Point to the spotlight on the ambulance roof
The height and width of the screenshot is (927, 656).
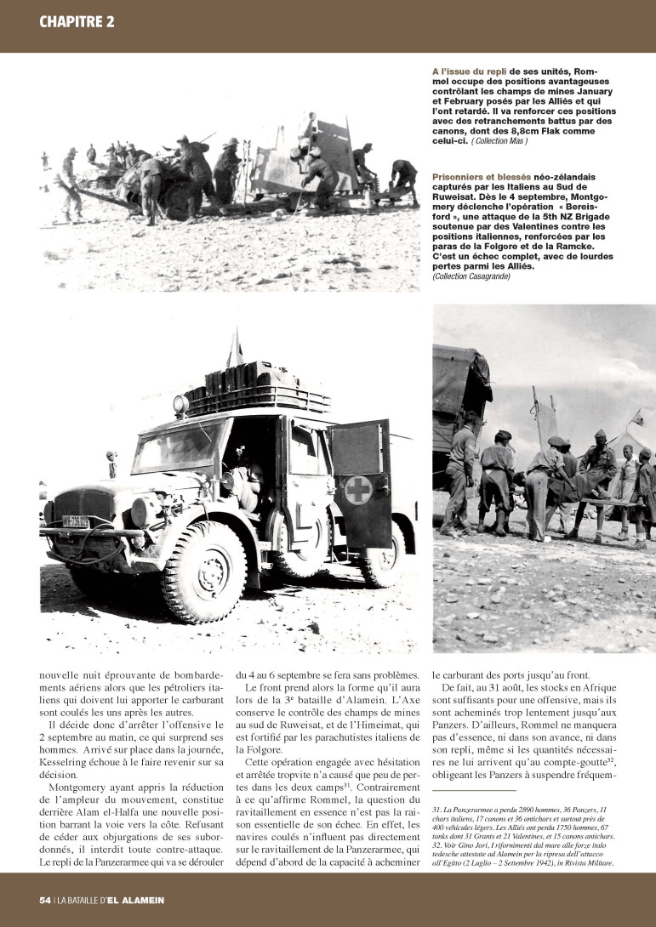180,405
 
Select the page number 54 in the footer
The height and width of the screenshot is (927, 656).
45,900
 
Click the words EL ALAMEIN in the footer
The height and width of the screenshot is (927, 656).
136,900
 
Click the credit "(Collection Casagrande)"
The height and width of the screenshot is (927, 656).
472,277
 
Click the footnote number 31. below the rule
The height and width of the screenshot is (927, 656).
437,810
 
